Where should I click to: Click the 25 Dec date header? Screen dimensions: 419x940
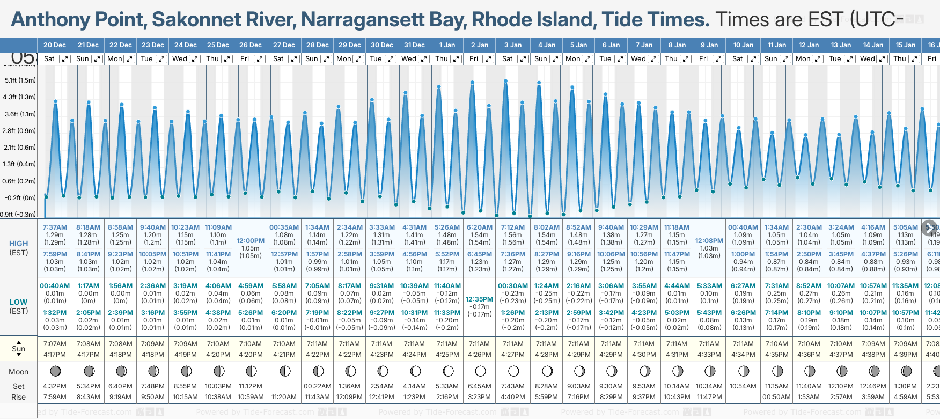coord(218,45)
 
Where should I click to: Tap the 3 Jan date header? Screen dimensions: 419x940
coord(513,45)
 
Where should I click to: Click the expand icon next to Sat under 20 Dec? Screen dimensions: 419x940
coord(64,59)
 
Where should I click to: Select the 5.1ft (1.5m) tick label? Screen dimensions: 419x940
coord(20,80)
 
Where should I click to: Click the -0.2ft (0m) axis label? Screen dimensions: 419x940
coord(19,197)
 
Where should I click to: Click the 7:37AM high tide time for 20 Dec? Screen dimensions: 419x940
coord(55,227)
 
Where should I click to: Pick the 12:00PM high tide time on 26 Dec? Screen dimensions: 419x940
coord(251,241)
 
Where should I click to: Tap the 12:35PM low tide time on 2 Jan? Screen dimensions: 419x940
coord(479,299)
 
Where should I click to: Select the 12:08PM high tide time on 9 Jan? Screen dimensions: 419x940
coord(709,241)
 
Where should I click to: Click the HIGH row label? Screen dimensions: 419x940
coord(19,244)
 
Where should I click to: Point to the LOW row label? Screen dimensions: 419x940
coord(19,302)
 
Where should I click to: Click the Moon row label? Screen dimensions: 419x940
coord(19,372)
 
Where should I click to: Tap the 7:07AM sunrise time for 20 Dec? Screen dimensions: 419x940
coord(55,344)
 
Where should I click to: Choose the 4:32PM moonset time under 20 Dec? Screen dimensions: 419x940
coord(55,386)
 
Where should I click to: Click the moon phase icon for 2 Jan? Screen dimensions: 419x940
coord(480,371)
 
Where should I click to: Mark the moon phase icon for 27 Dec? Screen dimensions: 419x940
coord(285,371)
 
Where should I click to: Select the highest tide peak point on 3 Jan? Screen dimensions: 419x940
coord(505,81)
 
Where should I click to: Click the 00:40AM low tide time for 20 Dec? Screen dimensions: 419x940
coord(55,286)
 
